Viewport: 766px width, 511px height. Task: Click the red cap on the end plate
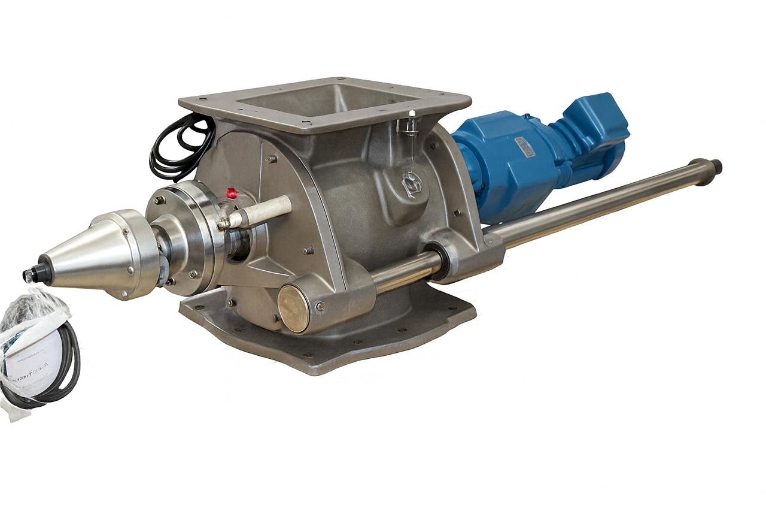pos(231,193)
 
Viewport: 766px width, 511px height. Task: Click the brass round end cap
pos(293,309)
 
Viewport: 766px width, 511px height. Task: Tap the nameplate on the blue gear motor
pos(524,146)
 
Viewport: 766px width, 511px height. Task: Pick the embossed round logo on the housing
pos(412,184)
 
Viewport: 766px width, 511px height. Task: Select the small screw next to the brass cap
pos(321,307)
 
